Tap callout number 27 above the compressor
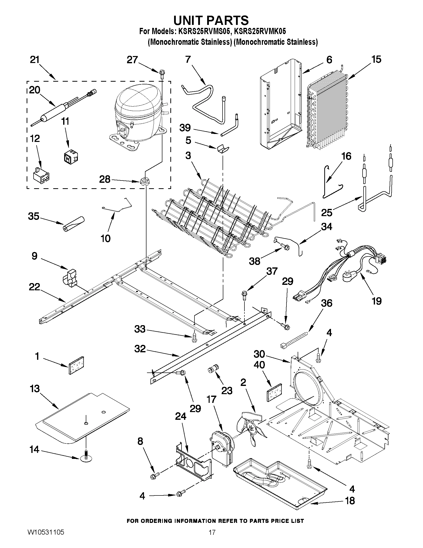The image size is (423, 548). [x=132, y=60]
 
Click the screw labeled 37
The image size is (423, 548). [x=244, y=295]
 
